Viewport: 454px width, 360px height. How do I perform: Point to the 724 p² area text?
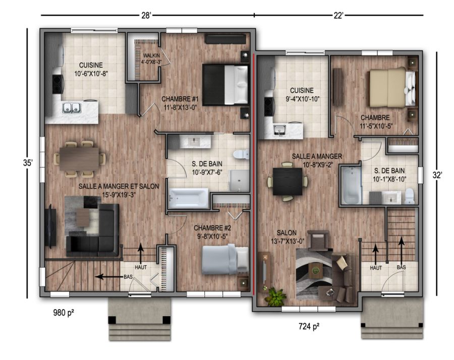point(309,326)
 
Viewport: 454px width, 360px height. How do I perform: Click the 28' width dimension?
point(146,15)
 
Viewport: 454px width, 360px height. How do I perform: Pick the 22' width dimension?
point(338,15)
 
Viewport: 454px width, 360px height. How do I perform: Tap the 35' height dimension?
point(28,163)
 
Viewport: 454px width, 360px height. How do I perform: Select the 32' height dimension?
point(437,175)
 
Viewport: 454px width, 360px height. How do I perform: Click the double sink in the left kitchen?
point(72,108)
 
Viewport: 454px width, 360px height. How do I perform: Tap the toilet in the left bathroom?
point(241,154)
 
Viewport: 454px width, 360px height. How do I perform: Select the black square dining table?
point(288,181)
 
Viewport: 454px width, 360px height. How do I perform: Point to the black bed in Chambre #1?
point(225,85)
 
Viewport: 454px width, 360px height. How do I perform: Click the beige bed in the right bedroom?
point(391,87)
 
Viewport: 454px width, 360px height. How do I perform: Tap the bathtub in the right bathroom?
point(351,185)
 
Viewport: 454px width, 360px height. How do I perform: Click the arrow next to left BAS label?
point(109,277)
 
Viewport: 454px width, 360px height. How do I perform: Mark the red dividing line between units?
point(254,173)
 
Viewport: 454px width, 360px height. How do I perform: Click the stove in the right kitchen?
point(268,106)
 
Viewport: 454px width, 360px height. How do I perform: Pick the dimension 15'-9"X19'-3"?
point(119,195)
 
